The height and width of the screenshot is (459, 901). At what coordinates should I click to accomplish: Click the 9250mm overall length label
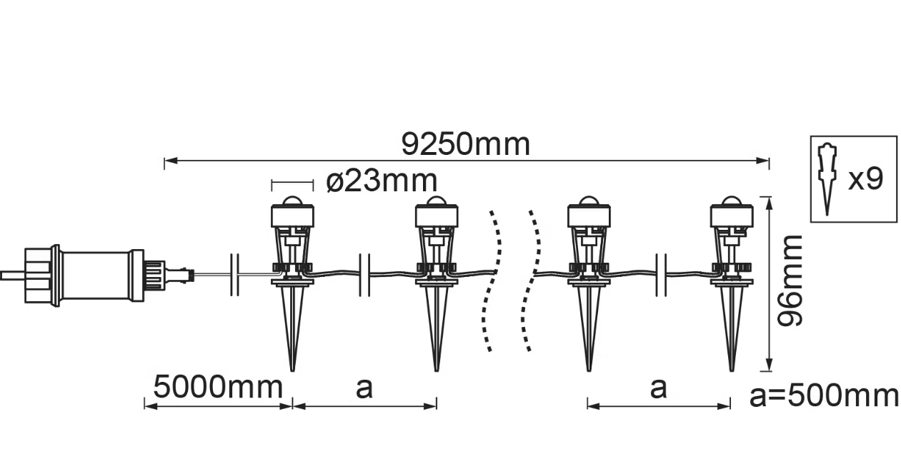[466, 144]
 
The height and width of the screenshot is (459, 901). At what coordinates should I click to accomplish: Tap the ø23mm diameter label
[382, 181]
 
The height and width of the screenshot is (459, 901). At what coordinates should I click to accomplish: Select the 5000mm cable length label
[218, 387]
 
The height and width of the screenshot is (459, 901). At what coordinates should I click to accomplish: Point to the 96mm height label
[790, 281]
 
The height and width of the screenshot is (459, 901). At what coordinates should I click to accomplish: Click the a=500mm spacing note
[824, 396]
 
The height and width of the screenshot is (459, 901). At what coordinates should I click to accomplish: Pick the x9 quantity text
[865, 179]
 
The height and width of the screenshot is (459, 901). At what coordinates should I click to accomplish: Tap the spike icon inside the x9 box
[827, 180]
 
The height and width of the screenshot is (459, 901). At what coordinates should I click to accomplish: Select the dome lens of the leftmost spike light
[292, 201]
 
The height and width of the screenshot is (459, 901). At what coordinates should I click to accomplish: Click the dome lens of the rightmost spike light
[731, 201]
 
